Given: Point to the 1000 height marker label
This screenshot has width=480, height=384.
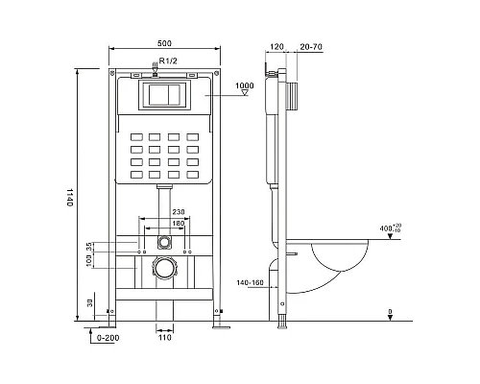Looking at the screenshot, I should tap(243, 85).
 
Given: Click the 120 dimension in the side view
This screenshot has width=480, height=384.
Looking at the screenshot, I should tap(277, 44).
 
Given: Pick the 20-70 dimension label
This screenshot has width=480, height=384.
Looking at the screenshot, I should tap(310, 44).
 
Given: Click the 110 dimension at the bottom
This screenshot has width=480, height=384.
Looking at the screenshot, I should tap(164, 338).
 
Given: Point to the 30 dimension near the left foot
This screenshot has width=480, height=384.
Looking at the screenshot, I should tap(90, 303).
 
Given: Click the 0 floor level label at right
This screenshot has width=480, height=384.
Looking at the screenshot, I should tap(388, 311).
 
